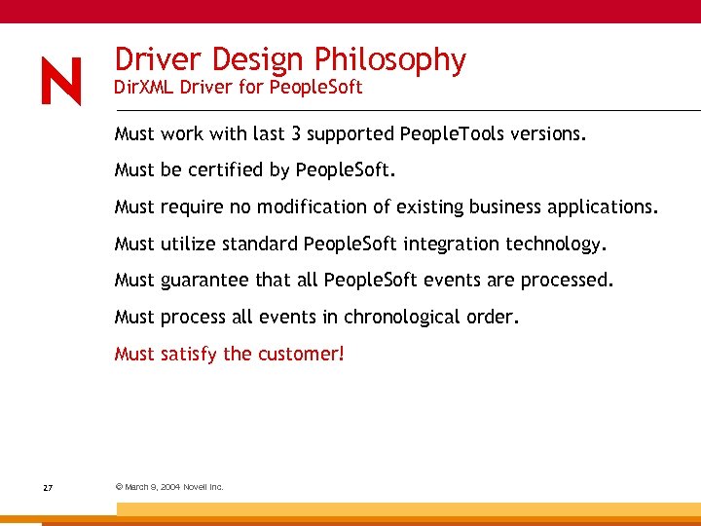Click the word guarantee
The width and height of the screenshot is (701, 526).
point(204,281)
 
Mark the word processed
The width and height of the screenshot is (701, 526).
point(567,281)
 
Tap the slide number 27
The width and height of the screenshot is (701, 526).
point(48,487)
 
